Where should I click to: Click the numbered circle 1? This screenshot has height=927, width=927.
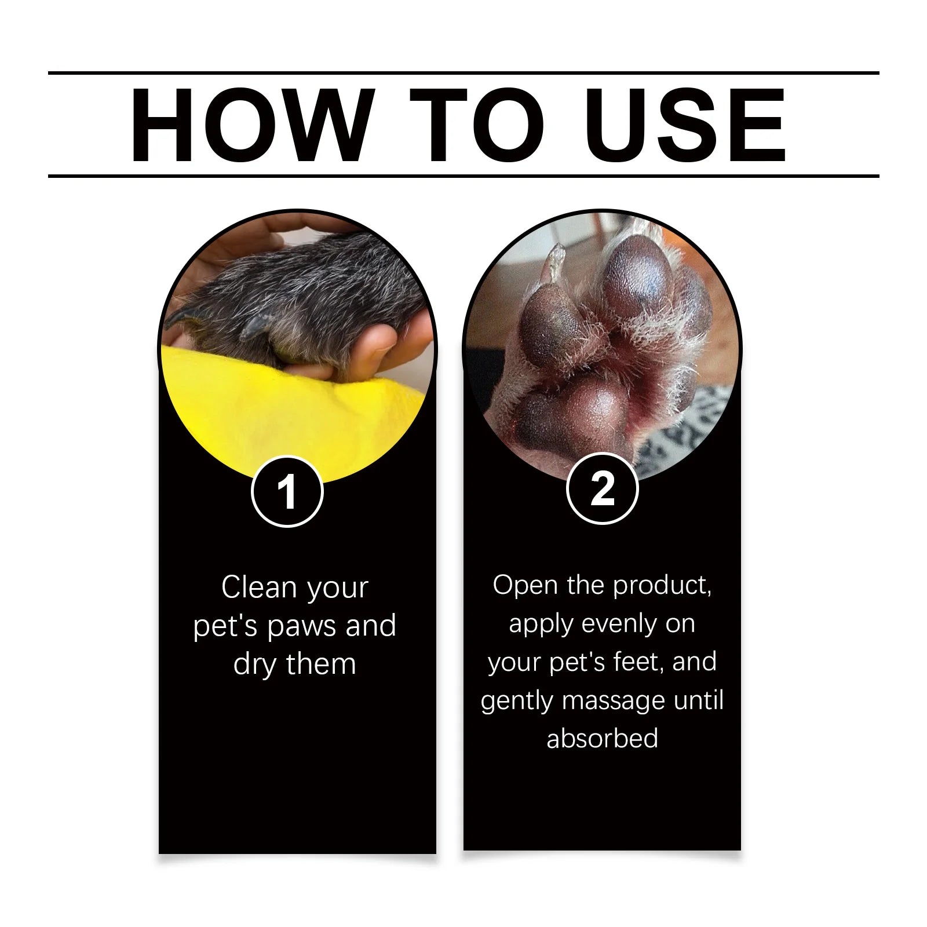[287, 491]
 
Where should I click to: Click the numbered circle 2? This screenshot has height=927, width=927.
[602, 489]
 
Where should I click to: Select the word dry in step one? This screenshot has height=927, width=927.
[255, 664]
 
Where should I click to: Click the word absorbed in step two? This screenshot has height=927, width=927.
[602, 738]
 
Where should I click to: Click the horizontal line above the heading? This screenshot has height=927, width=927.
[463, 74]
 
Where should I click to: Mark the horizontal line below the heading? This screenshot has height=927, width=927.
[463, 176]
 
